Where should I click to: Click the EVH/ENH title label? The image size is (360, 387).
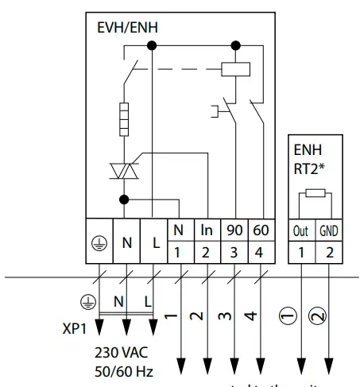122,27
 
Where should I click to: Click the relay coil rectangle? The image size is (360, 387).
235,69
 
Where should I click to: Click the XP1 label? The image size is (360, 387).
76,327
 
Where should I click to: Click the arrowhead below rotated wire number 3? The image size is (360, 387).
234,369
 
